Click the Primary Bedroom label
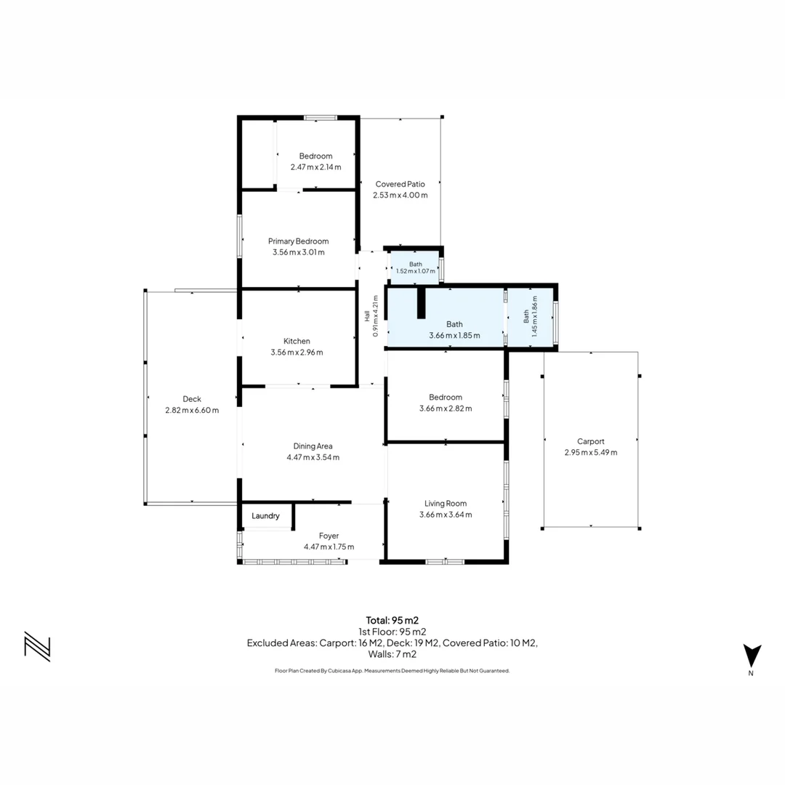click(299, 241)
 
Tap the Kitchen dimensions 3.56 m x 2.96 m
click(297, 353)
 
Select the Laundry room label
click(265, 516)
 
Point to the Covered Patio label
click(400, 184)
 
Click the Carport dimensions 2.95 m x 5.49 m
click(591, 453)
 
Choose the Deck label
click(192, 399)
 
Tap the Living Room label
click(446, 504)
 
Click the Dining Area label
click(313, 446)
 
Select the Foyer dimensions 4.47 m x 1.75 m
click(329, 547)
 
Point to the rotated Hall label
click(367, 316)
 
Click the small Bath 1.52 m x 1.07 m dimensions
click(416, 271)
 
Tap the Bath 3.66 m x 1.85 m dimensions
click(454, 335)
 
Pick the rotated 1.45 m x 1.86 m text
click(535, 316)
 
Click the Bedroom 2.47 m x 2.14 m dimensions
click(316, 167)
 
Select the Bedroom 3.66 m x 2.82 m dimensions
click(446, 408)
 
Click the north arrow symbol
click(752, 656)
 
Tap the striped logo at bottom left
click(38, 646)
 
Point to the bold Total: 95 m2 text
click(392, 621)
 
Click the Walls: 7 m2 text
click(392, 654)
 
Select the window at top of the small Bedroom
click(321, 118)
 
